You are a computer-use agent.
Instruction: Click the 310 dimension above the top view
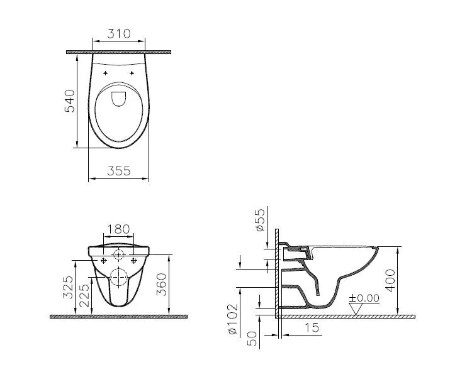coord(119,34)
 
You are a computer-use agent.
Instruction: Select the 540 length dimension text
coord(70,101)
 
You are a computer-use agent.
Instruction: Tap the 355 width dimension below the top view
coord(118,171)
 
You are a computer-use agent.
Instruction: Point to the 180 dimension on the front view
coord(118,230)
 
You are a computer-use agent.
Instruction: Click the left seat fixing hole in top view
coord(105,74)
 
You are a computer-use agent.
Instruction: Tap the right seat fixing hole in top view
coord(132,74)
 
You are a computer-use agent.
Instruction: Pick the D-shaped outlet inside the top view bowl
coord(118,98)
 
